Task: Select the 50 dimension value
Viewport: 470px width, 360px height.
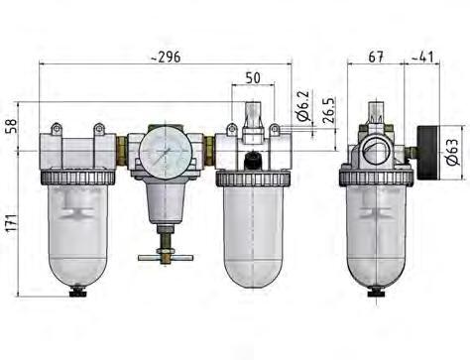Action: point(253,76)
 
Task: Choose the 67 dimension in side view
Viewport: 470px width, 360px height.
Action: point(376,57)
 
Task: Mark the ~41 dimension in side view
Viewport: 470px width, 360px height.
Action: point(425,57)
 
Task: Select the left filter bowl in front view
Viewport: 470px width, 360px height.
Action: point(75,233)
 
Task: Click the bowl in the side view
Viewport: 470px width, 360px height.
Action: point(376,233)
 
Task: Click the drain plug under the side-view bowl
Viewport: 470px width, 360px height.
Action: point(376,292)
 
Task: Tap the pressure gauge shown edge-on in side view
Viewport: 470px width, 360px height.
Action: point(425,149)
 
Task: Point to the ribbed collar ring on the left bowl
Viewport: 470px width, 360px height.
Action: point(75,176)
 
